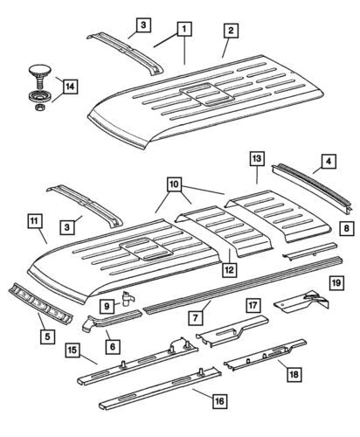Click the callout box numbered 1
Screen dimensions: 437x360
(x=184, y=31)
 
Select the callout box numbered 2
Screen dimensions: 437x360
(x=231, y=31)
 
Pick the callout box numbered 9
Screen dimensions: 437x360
(x=107, y=306)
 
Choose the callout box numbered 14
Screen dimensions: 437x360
(x=68, y=87)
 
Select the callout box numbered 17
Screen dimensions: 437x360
(x=253, y=305)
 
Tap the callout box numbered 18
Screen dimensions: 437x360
(x=292, y=374)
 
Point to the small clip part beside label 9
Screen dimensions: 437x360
(x=128, y=298)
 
